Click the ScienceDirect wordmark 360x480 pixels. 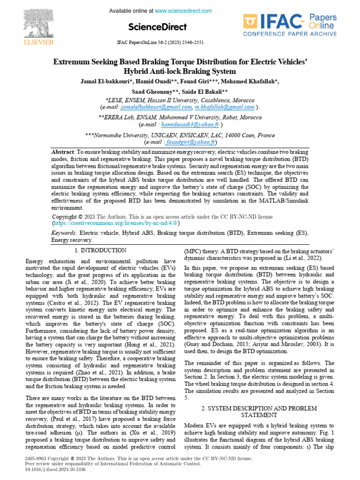click(157, 27)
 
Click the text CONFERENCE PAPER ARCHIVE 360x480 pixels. click(290, 34)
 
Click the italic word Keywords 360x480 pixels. click(64, 232)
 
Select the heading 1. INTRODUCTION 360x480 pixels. click(100, 250)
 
